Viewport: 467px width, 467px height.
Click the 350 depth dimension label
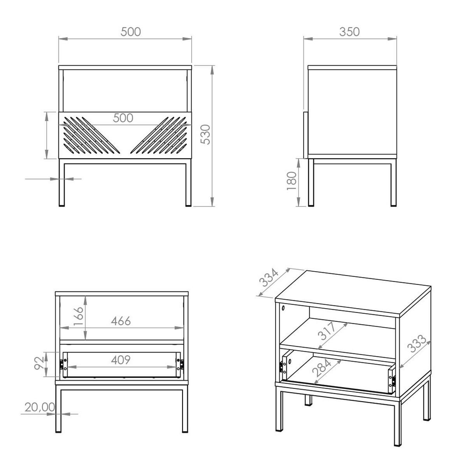(349, 32)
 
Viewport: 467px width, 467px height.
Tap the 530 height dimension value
(205, 135)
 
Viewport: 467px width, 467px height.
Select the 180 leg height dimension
(292, 181)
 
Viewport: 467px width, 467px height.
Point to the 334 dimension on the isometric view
(269, 277)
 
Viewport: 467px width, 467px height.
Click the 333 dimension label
(416, 343)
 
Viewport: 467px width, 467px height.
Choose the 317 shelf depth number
(327, 331)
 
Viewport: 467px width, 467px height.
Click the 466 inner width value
(121, 321)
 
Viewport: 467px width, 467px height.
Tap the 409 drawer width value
(121, 360)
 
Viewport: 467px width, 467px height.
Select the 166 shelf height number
(79, 316)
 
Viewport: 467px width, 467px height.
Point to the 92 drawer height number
(39, 363)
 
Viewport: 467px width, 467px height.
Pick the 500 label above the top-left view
(131, 32)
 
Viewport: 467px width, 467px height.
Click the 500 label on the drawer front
(123, 118)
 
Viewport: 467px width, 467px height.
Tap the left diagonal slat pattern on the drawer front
(91, 135)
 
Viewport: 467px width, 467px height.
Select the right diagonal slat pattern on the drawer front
(159, 135)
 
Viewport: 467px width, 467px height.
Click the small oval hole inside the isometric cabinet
(283, 309)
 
